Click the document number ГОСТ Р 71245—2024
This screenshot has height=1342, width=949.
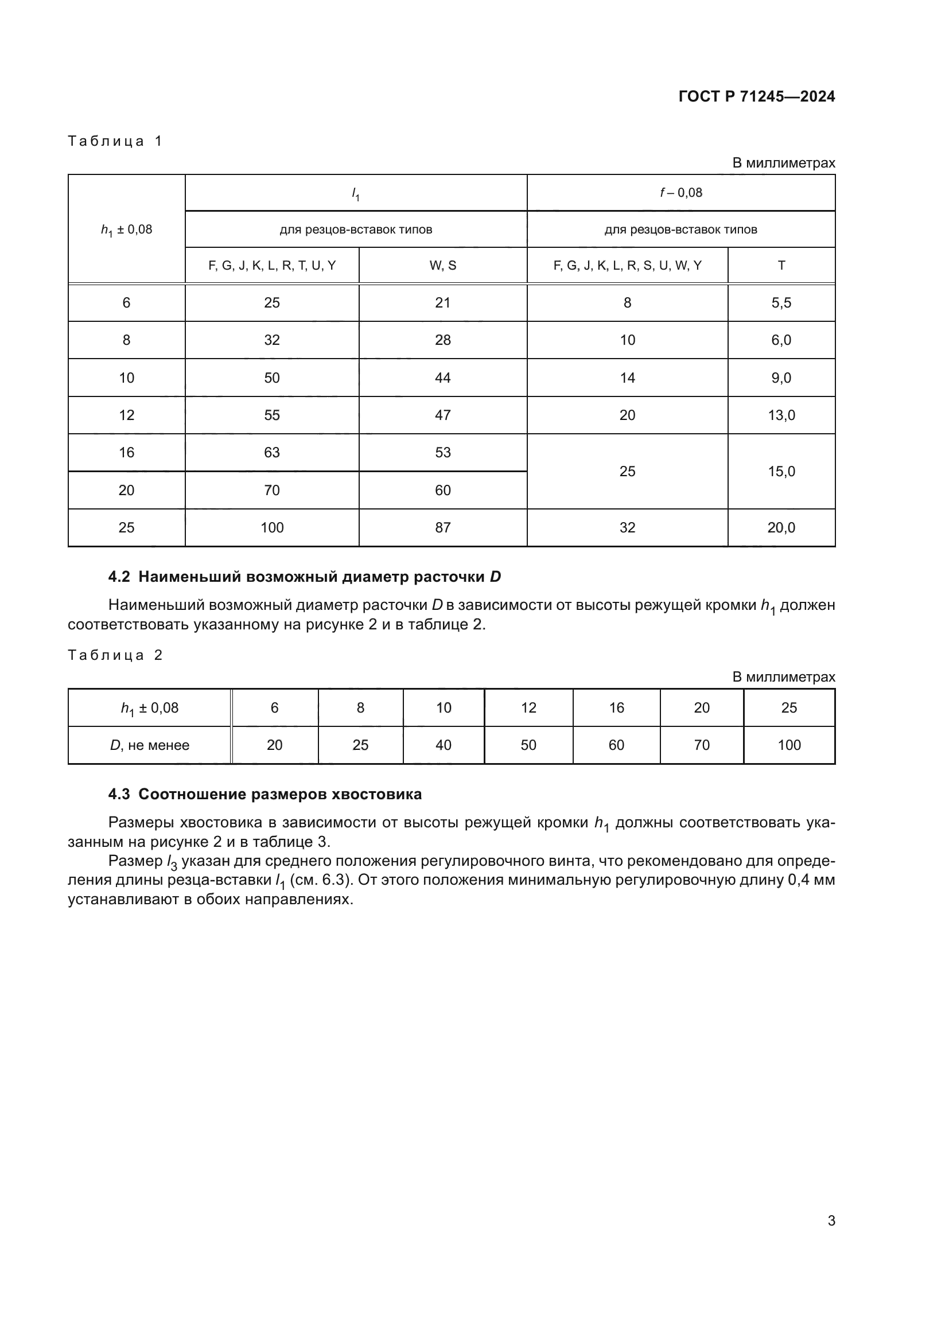tap(757, 96)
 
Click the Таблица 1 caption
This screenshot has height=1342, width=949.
tap(115, 141)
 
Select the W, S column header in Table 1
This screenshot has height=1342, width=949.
tap(442, 266)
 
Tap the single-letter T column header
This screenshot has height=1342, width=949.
tap(781, 266)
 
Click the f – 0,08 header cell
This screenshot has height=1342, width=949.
tap(681, 192)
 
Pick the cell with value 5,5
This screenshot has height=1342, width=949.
tap(781, 303)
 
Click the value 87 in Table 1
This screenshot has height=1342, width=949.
tap(442, 528)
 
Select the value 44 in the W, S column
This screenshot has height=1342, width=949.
tap(442, 378)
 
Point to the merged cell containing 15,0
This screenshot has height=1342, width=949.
tap(781, 471)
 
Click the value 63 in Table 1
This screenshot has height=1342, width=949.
tap(272, 452)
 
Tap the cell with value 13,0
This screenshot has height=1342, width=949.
tap(781, 415)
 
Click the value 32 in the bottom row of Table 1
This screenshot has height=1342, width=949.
tap(627, 528)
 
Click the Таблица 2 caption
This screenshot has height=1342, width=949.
tap(115, 655)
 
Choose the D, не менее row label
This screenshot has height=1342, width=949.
tap(150, 745)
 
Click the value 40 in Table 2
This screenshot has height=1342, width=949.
tap(444, 745)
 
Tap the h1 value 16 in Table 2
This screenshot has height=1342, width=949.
tap(616, 708)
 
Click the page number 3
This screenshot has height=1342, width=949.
tap(831, 1220)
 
